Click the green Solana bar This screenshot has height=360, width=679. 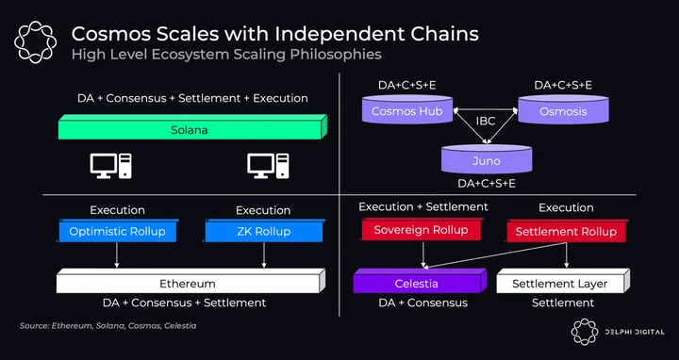[192, 127]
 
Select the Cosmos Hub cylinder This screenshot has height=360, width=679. [407, 109]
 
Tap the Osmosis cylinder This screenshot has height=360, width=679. [563, 109]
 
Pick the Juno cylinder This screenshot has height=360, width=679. [487, 159]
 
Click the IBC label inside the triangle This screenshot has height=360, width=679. [486, 122]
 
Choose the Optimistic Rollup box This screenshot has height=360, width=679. [118, 230]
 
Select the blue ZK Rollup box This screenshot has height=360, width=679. [264, 230]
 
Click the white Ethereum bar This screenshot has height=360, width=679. [190, 281]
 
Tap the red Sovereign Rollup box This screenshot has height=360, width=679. [422, 228]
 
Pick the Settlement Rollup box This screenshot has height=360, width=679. [567, 230]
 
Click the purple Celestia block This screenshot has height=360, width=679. [420, 281]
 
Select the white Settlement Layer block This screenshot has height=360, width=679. [563, 281]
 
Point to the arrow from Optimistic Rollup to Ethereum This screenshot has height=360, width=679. [117, 254]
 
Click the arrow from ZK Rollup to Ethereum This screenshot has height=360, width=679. [264, 254]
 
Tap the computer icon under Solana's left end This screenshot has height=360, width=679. [111, 166]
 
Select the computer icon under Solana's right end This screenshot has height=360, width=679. [268, 166]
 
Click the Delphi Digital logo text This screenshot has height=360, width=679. [635, 332]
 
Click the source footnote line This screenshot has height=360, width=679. [108, 325]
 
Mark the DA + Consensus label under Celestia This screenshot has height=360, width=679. [423, 303]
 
